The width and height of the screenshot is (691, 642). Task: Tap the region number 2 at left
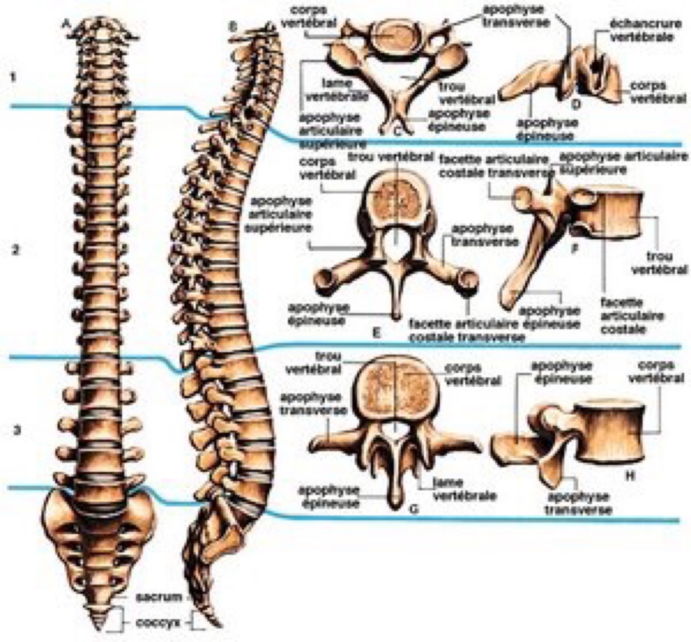[16, 250]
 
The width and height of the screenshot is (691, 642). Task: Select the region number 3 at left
[17, 430]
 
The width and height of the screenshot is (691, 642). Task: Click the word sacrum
[159, 596]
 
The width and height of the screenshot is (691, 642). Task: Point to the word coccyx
[158, 623]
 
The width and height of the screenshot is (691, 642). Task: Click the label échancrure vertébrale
[641, 31]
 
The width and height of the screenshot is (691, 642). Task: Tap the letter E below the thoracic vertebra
[377, 332]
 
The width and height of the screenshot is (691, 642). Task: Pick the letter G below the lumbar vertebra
[413, 509]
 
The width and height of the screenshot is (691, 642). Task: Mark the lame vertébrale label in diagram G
[464, 489]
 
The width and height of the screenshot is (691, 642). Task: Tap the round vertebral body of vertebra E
[395, 200]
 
